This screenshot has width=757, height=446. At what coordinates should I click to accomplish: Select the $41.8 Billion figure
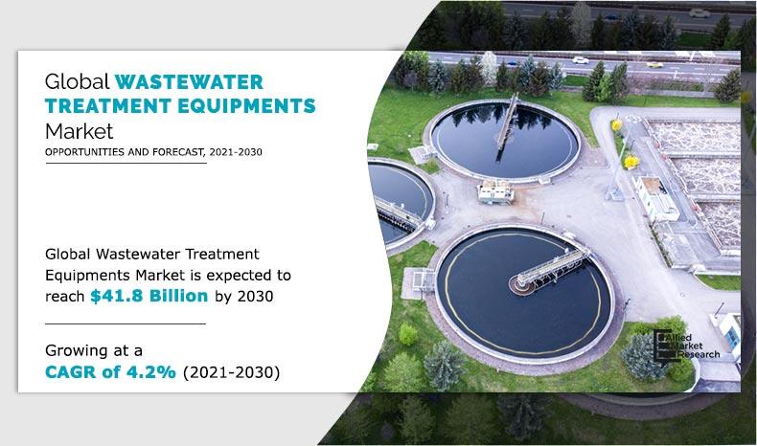pyautogui.click(x=149, y=296)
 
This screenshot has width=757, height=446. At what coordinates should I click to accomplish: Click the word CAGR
pyautogui.click(x=74, y=372)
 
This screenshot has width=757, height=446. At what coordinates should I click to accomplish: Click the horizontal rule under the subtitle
pyautogui.click(x=126, y=164)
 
